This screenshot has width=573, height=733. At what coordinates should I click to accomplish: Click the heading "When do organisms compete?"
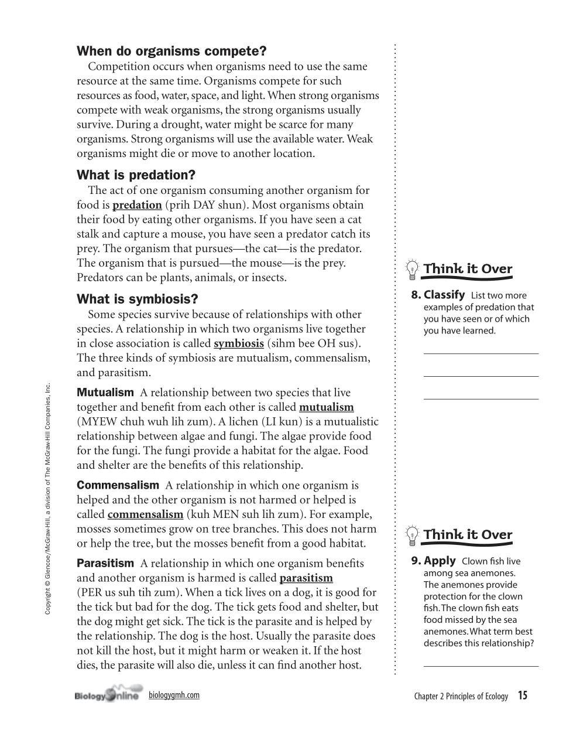pyautogui.click(x=171, y=52)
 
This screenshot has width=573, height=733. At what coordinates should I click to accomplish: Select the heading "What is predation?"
pyautogui.click(x=136, y=175)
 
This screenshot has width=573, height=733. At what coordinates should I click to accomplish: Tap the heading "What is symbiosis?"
pyautogui.click(x=137, y=299)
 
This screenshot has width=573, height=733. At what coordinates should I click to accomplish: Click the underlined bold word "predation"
pyautogui.click(x=137, y=205)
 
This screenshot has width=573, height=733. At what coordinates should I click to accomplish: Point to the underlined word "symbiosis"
pyautogui.click(x=239, y=343)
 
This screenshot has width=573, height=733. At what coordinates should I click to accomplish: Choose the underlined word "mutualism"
pyautogui.click(x=326, y=407)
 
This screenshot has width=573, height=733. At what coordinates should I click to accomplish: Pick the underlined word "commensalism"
pyautogui.click(x=145, y=514)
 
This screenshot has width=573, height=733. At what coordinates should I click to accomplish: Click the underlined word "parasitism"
pyautogui.click(x=306, y=578)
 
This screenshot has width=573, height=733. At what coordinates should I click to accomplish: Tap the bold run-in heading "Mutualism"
pyautogui.click(x=105, y=393)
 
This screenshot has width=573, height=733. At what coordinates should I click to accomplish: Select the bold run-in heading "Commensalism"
pyautogui.click(x=118, y=485)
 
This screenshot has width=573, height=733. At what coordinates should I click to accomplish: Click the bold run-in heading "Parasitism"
pyautogui.click(x=105, y=564)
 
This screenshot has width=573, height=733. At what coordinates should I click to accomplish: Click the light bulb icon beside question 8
pyautogui.click(x=412, y=270)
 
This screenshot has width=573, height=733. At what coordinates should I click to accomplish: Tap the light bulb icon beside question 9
pyautogui.click(x=412, y=535)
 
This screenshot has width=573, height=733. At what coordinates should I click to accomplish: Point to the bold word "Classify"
pyautogui.click(x=444, y=295)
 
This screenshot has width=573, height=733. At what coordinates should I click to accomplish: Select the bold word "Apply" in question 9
pyautogui.click(x=440, y=561)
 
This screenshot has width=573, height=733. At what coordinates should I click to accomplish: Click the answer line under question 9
pyautogui.click(x=481, y=666)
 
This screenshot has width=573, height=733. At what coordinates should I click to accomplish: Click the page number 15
pyautogui.click(x=522, y=696)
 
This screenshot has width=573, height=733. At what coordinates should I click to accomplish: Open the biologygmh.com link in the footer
pyautogui.click(x=174, y=695)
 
